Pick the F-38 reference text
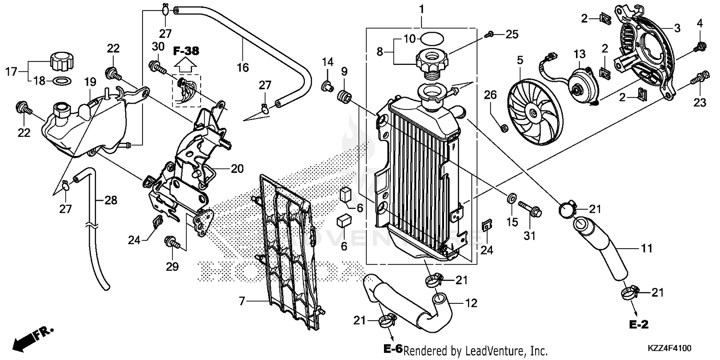186,50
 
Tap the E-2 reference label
639,325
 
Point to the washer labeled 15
512,196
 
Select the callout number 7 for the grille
242,301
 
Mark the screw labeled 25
489,34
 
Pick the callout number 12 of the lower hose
470,303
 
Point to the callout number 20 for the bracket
237,169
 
